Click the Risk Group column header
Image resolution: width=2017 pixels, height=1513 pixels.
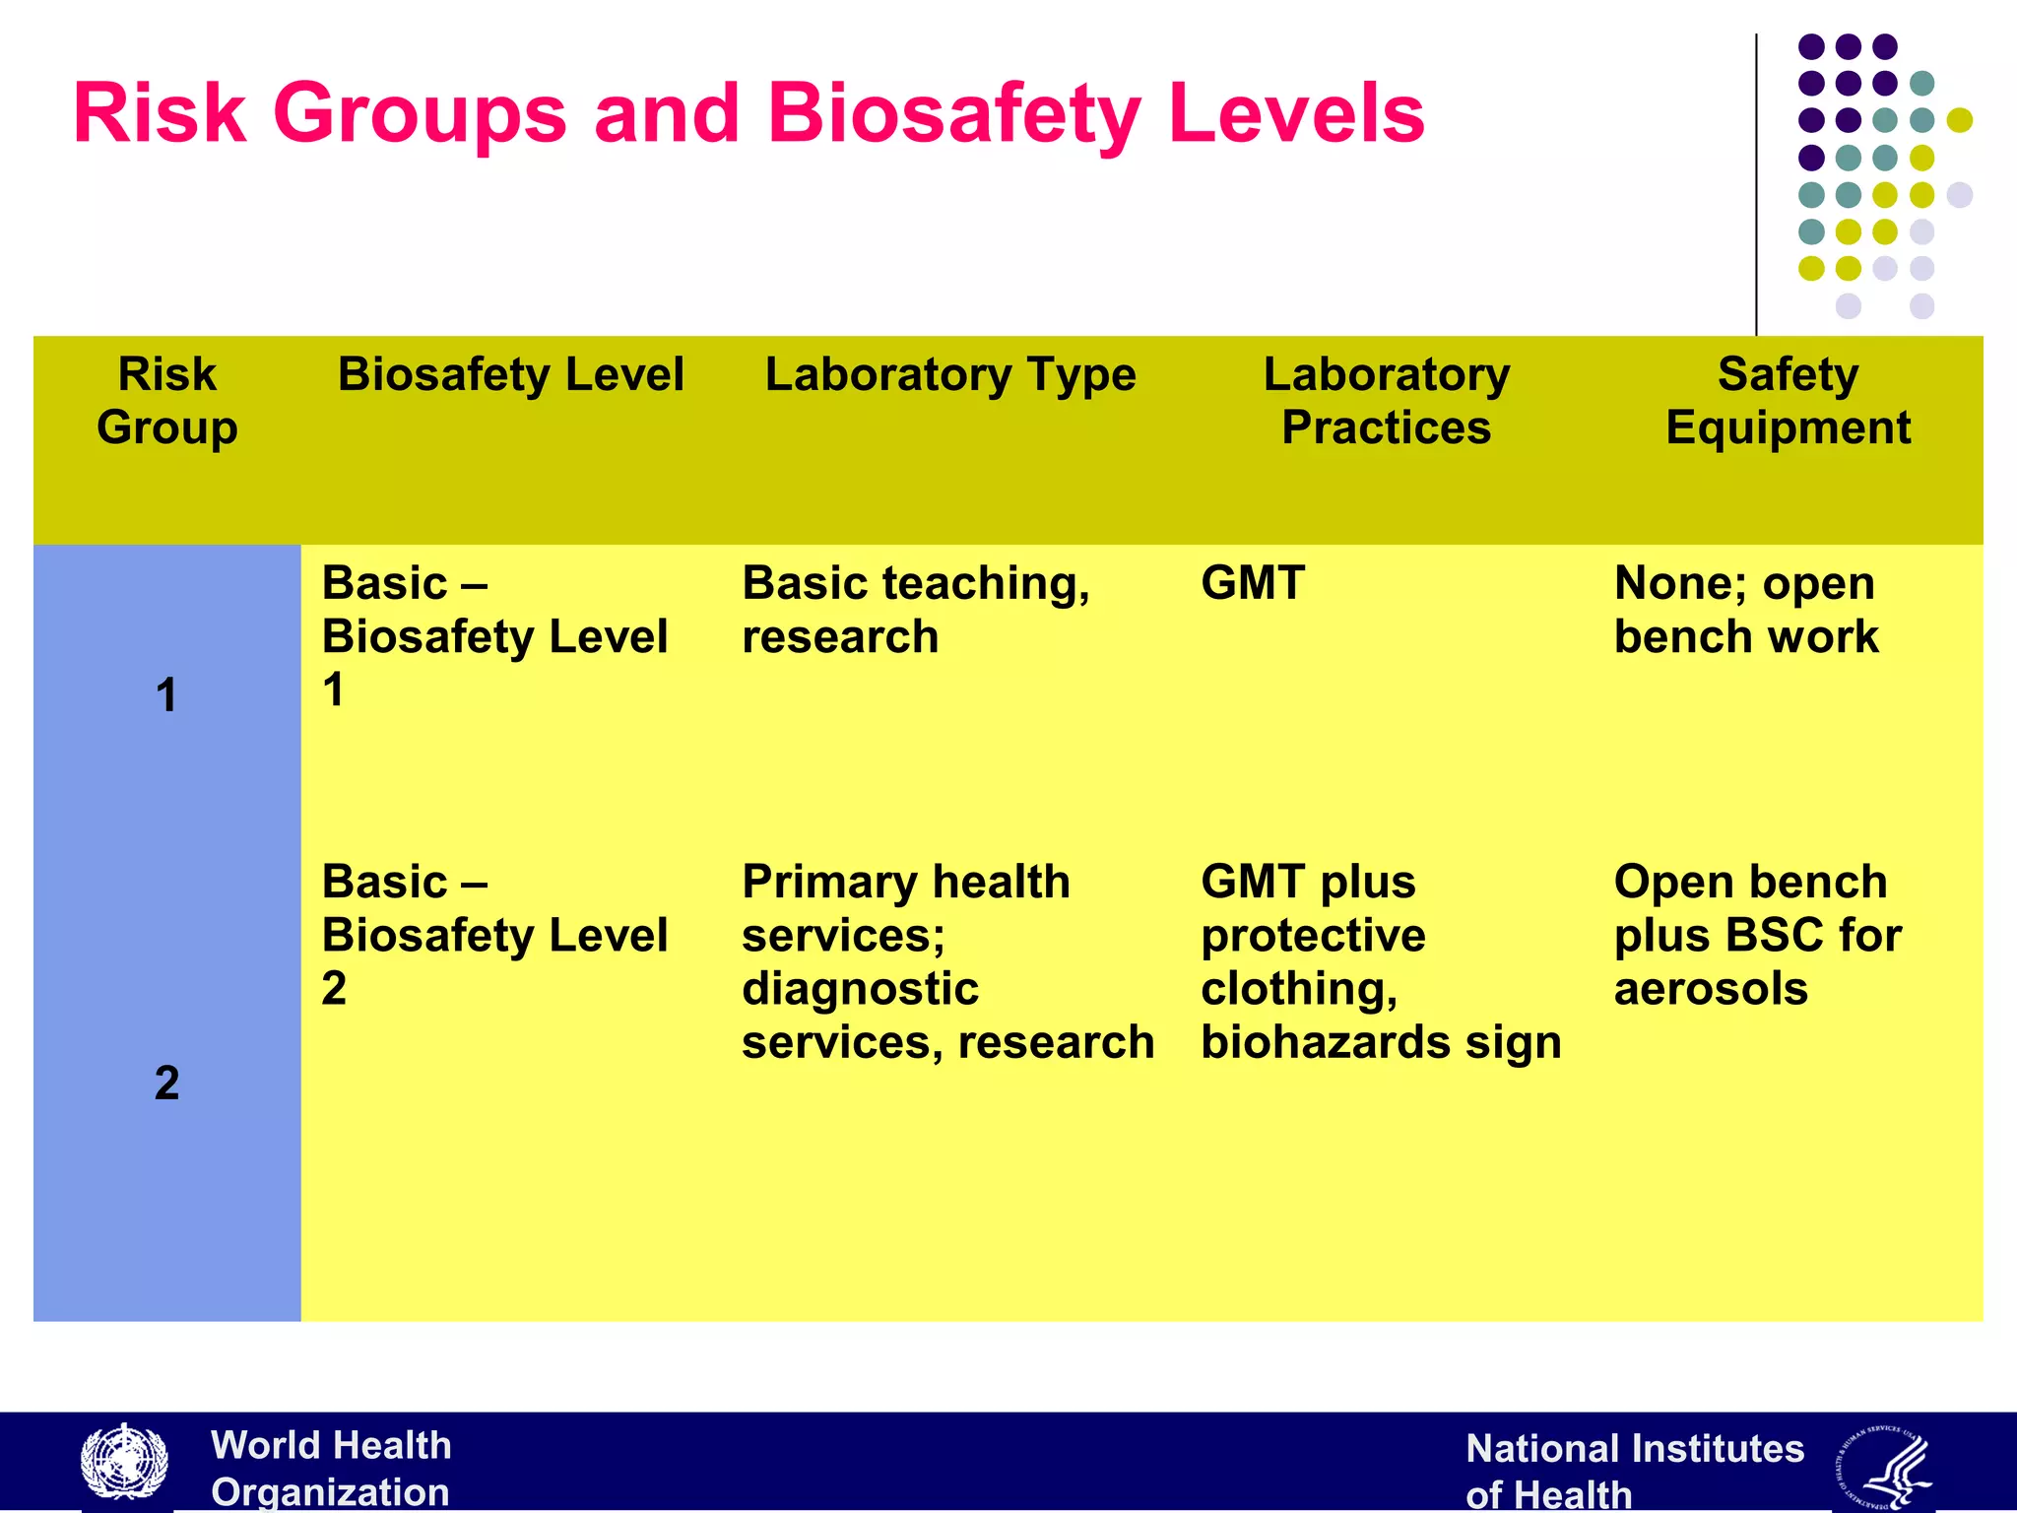click(x=167, y=401)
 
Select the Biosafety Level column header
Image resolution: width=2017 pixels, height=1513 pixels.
click(x=510, y=375)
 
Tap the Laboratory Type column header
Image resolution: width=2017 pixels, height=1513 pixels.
click(x=950, y=375)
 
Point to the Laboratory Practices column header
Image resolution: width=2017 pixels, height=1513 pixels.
click(x=1386, y=401)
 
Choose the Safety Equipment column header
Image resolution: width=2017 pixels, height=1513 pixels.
click(x=1788, y=401)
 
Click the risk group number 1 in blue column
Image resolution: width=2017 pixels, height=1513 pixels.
click(x=166, y=694)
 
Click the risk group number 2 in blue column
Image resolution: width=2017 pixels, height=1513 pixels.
click(x=166, y=1083)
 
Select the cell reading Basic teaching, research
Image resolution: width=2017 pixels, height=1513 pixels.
click(x=916, y=610)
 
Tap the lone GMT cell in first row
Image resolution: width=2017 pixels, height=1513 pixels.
click(x=1253, y=583)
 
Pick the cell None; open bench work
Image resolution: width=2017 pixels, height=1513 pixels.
click(x=1745, y=610)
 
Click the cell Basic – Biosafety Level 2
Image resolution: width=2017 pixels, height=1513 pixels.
click(x=494, y=934)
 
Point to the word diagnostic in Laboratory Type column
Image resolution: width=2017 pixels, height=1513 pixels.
click(x=860, y=988)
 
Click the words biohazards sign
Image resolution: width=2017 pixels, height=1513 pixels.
click(x=1381, y=1042)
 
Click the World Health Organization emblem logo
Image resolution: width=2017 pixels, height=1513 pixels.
click(x=124, y=1463)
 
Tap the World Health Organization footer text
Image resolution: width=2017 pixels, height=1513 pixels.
click(x=331, y=1468)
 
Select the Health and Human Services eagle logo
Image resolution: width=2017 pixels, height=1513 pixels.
click(x=1883, y=1467)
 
